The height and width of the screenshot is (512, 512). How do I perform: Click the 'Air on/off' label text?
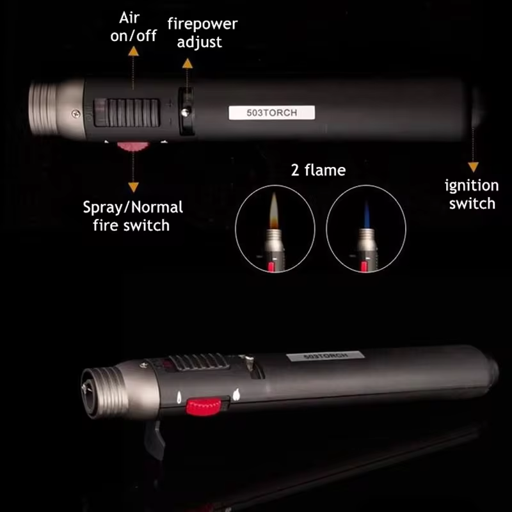pyautogui.click(x=133, y=27)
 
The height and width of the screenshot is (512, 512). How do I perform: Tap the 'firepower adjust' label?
pyautogui.click(x=202, y=33)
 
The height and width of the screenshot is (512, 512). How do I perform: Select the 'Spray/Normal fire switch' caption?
pyautogui.click(x=132, y=216)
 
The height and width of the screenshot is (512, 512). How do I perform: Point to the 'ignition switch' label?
pyautogui.click(x=472, y=195)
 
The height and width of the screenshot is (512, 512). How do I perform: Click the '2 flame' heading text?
pyautogui.click(x=318, y=170)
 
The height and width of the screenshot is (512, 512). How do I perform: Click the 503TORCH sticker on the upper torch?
pyautogui.click(x=271, y=113)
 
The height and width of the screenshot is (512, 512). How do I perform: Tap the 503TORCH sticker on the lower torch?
pyautogui.click(x=325, y=356)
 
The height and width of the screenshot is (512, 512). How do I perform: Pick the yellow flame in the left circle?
pyautogui.click(x=274, y=211)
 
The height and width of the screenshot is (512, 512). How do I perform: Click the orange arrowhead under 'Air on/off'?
pyautogui.click(x=133, y=51)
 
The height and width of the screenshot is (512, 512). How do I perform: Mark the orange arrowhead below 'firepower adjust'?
pyautogui.click(x=188, y=63)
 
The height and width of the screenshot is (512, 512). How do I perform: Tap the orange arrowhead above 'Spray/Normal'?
pyautogui.click(x=133, y=187)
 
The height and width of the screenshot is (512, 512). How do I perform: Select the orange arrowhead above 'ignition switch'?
pyautogui.click(x=473, y=167)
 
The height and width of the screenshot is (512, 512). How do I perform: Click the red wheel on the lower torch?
pyautogui.click(x=204, y=406)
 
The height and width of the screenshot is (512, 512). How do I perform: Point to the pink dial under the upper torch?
pyautogui.click(x=133, y=147)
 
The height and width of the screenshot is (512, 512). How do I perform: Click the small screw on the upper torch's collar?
pyautogui.click(x=76, y=113)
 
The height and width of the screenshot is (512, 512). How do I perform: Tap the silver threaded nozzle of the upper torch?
pyautogui.click(x=44, y=108)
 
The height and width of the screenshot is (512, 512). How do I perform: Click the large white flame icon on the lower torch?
pyautogui.click(x=236, y=395)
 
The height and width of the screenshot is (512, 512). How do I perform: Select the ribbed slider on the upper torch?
pyautogui.click(x=127, y=113)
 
